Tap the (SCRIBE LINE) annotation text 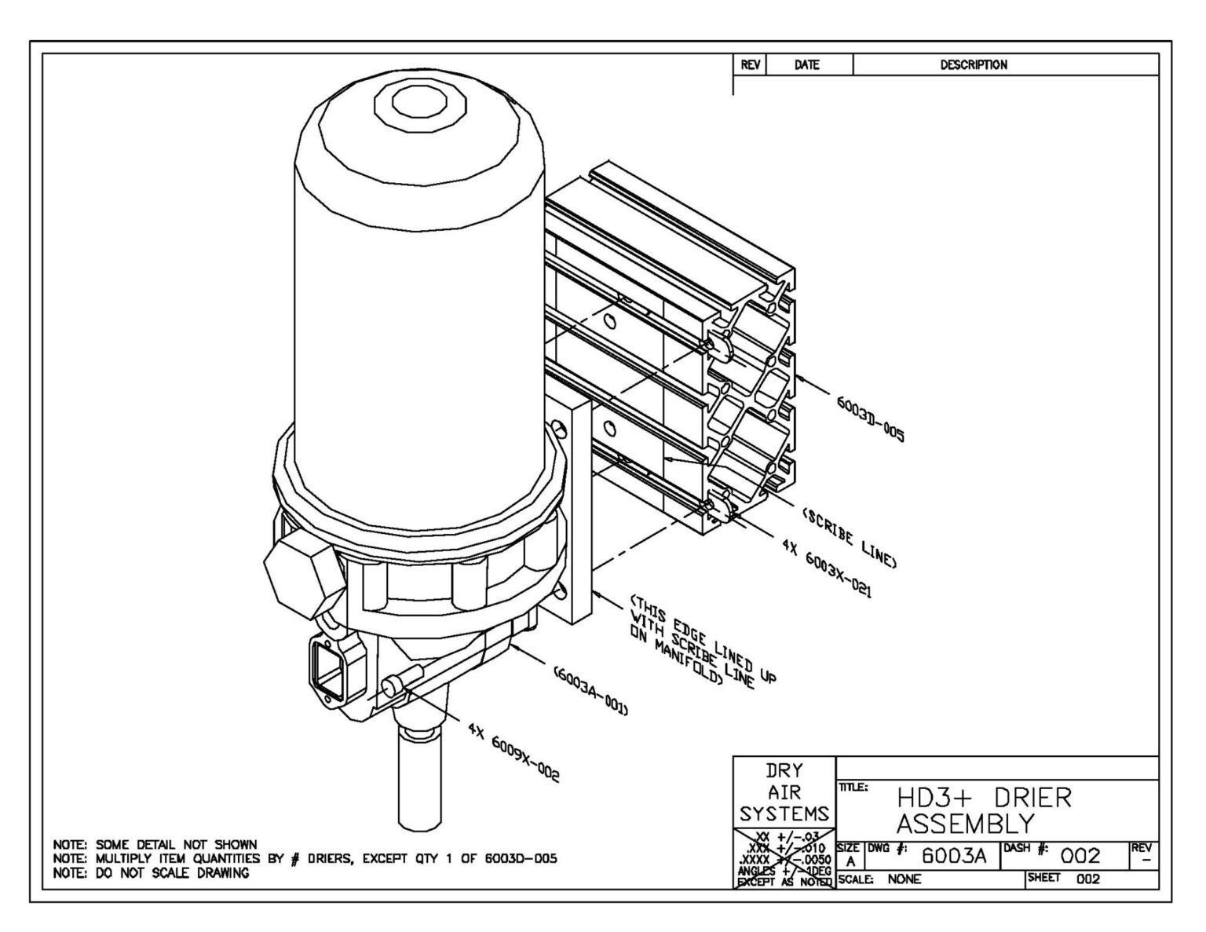click(848, 537)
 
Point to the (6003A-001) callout click(590, 692)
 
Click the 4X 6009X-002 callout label click(513, 752)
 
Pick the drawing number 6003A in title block click(953, 855)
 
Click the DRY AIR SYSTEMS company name click(784, 792)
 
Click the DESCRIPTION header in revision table click(974, 65)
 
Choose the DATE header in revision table click(806, 65)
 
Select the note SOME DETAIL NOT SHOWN click(155, 845)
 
